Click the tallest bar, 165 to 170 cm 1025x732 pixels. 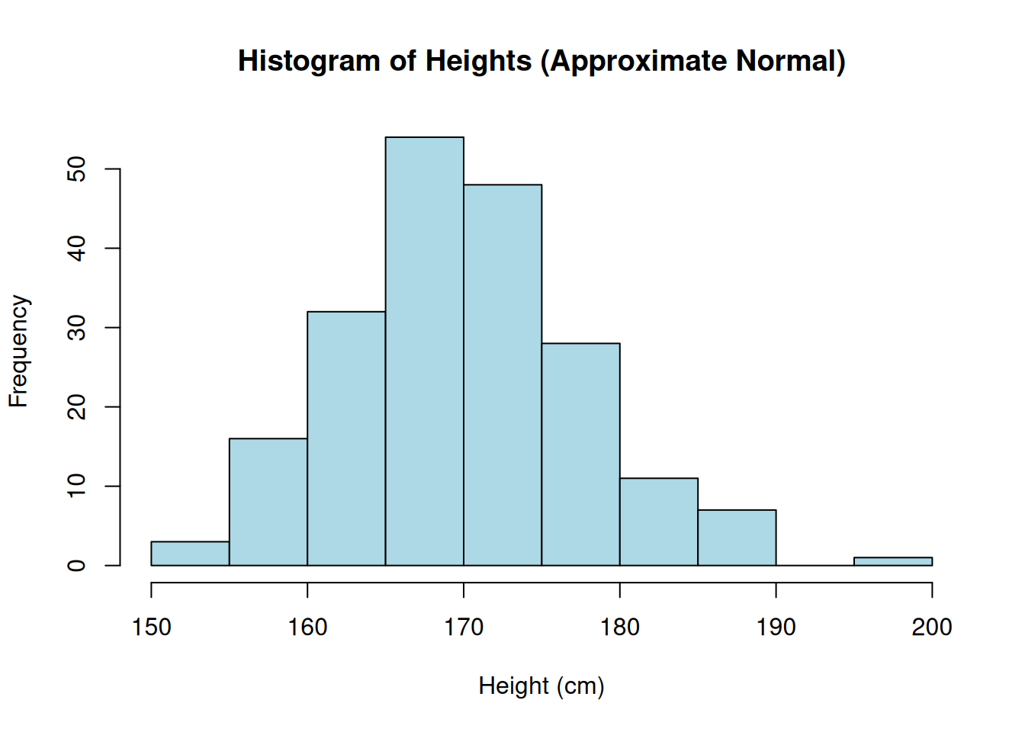pyautogui.click(x=424, y=351)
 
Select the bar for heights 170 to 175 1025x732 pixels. pyautogui.click(x=503, y=374)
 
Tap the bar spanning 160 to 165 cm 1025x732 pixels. pyautogui.click(x=346, y=438)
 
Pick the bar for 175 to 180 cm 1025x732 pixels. pyautogui.click(x=580, y=454)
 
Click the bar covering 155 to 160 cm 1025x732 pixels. pyautogui.click(x=268, y=502)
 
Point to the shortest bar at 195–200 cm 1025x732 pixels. pyautogui.click(x=893, y=561)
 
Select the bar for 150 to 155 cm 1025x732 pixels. pyautogui.click(x=190, y=554)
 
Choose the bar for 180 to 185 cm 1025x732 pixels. pyautogui.click(x=659, y=522)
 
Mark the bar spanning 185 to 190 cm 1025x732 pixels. pyautogui.click(x=737, y=538)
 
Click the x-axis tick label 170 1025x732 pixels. pyautogui.click(x=464, y=628)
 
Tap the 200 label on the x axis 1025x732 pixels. pyautogui.click(x=932, y=628)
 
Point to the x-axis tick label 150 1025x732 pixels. pyautogui.click(x=151, y=628)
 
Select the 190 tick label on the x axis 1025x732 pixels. pyautogui.click(x=776, y=628)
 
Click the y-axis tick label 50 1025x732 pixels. pyautogui.click(x=77, y=169)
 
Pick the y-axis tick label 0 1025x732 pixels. pyautogui.click(x=77, y=565)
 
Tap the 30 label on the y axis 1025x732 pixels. pyautogui.click(x=77, y=327)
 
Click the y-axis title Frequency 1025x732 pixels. pyautogui.click(x=18, y=352)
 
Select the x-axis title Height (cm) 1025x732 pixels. pyautogui.click(x=541, y=686)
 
